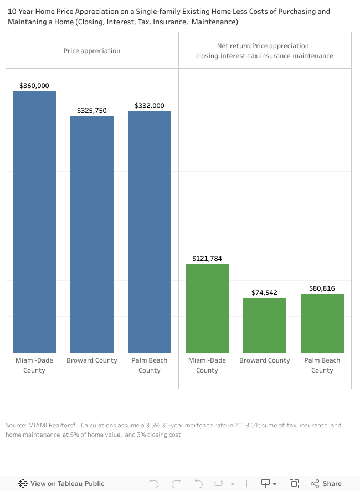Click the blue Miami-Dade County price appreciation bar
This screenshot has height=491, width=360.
[34, 221]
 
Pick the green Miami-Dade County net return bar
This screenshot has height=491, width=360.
[207, 308]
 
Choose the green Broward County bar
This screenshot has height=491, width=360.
[265, 325]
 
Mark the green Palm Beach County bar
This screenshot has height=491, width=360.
[322, 323]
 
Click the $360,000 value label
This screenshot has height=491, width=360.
[34, 86]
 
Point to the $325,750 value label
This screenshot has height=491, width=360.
[92, 111]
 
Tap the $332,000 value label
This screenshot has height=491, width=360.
[150, 106]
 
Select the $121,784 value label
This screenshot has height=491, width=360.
[207, 259]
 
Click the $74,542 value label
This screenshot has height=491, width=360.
[265, 293]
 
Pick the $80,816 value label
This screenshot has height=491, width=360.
[322, 288]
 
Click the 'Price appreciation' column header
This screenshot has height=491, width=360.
[92, 51]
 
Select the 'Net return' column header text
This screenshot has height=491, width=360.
[265, 51]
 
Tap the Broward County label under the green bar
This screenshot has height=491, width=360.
[265, 360]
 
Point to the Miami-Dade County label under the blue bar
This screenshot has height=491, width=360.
[34, 365]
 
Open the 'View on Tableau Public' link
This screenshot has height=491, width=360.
[61, 483]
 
